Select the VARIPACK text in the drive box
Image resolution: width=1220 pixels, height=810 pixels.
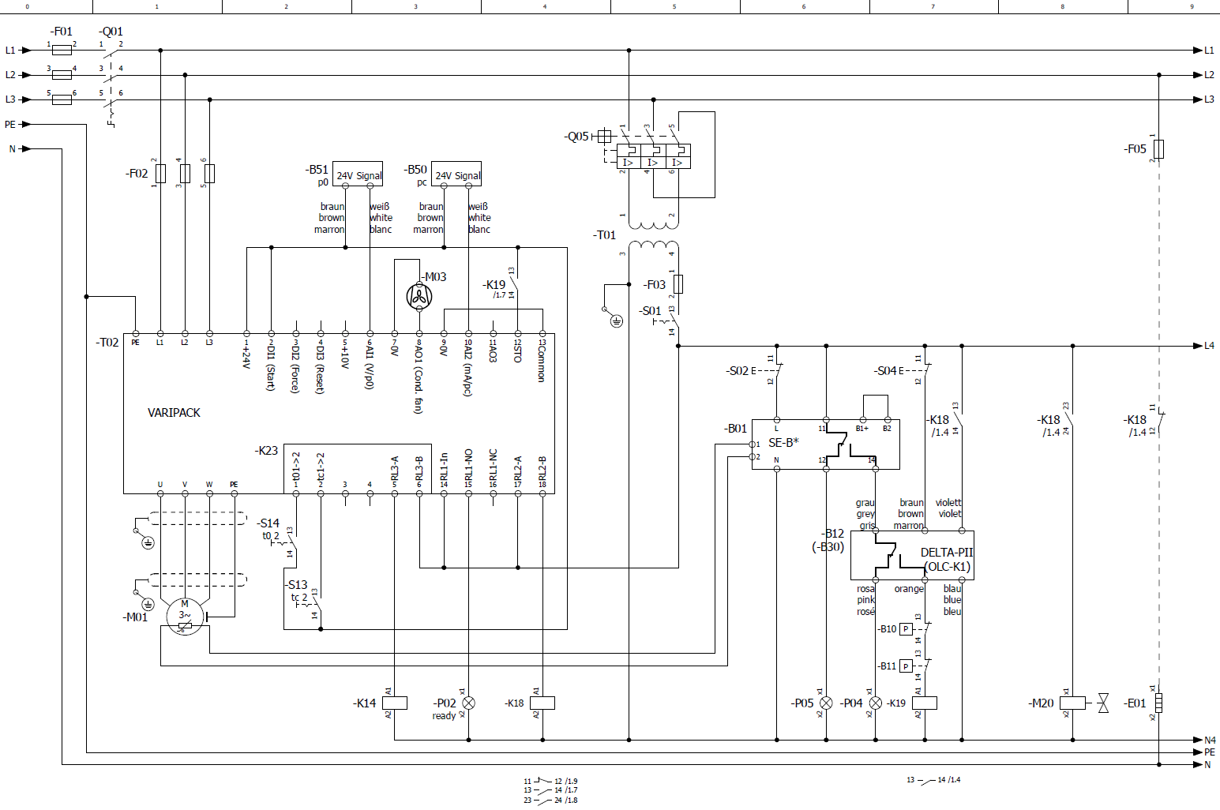(x=174, y=413)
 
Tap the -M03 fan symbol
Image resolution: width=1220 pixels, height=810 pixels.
(x=419, y=297)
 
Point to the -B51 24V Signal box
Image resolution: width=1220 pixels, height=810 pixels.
(x=358, y=175)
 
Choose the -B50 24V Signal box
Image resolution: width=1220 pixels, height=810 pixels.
(x=457, y=175)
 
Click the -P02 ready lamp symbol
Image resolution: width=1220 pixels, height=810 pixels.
(x=468, y=703)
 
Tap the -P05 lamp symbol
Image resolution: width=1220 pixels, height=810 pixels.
(x=826, y=703)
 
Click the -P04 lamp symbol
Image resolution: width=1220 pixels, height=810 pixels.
(x=875, y=703)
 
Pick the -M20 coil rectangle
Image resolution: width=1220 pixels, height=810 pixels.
(x=1072, y=703)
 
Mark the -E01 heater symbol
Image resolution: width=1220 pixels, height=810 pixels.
(x=1159, y=703)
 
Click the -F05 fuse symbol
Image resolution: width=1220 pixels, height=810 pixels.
(x=1159, y=148)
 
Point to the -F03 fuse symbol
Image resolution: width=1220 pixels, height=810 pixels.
(x=678, y=284)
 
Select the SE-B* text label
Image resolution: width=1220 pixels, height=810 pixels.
(x=783, y=443)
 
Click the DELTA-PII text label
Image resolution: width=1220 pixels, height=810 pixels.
(x=947, y=553)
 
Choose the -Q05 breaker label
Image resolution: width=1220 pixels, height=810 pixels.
(x=577, y=137)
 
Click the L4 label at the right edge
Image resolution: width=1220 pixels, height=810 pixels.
(x=1209, y=346)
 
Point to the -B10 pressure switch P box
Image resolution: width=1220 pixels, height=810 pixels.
(x=907, y=629)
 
